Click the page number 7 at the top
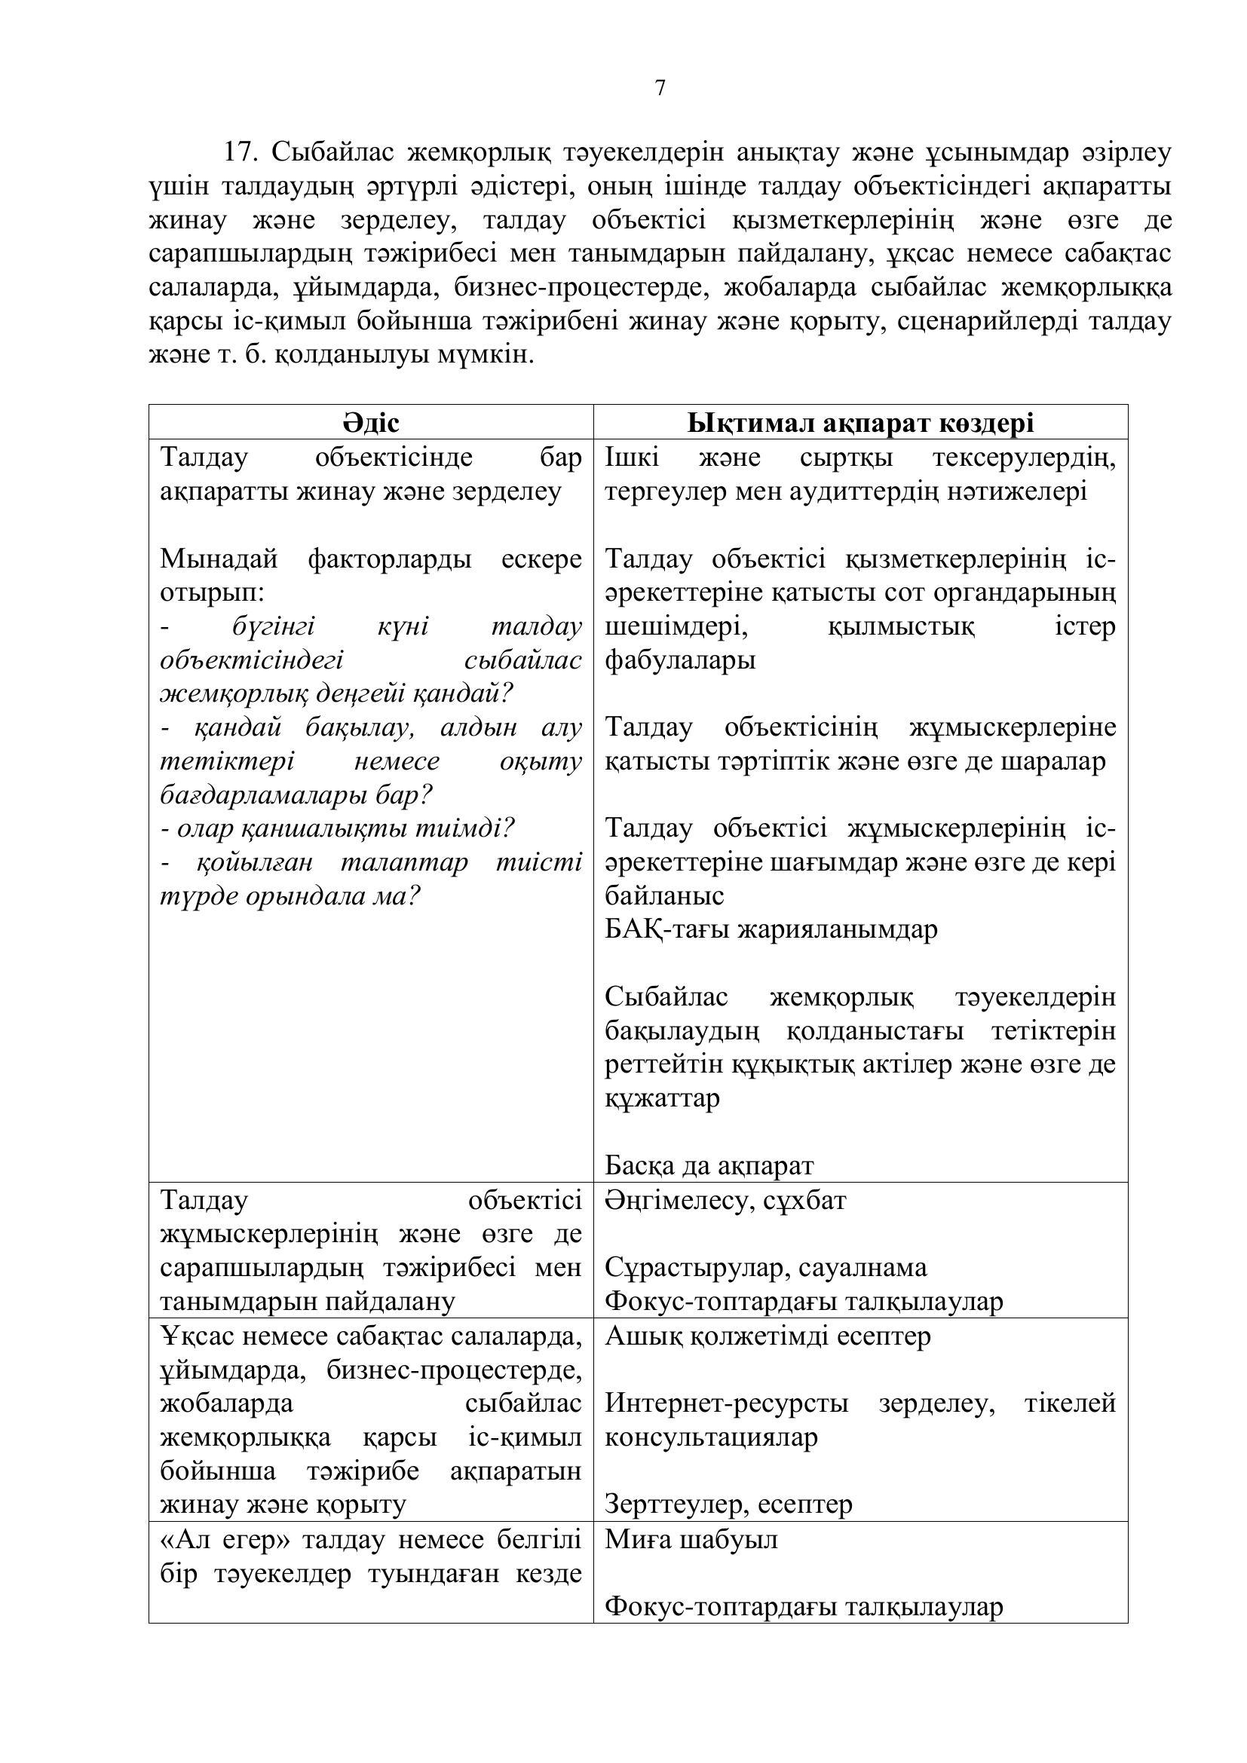[x=660, y=88]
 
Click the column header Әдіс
[x=371, y=423]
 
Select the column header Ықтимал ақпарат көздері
[x=860, y=423]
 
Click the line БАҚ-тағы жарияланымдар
[x=771, y=929]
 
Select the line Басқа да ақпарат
[x=709, y=1165]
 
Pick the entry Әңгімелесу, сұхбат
[x=725, y=1200]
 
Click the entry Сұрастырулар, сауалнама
[x=765, y=1268]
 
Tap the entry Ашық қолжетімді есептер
[x=768, y=1336]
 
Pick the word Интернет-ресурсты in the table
[x=726, y=1403]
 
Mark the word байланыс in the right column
[x=664, y=896]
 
